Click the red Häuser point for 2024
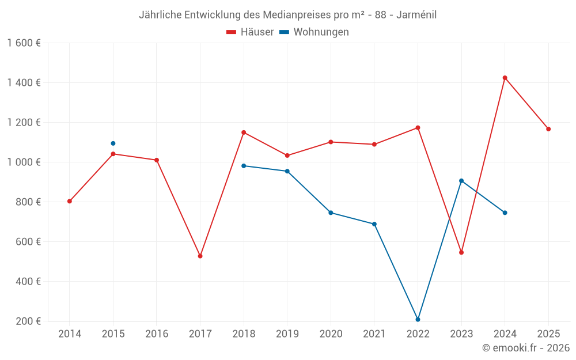(x=505, y=78)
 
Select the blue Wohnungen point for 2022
(x=418, y=319)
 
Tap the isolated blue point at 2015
(x=113, y=143)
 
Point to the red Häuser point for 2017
(x=200, y=256)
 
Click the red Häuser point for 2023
(x=461, y=252)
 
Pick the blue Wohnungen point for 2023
(x=461, y=181)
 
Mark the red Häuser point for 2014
(x=70, y=201)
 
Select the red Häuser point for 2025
(x=548, y=129)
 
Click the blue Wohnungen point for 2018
(x=244, y=166)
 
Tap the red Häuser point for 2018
(x=244, y=132)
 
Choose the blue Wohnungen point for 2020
(x=331, y=213)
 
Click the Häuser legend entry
(x=250, y=32)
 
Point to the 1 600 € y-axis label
(x=24, y=43)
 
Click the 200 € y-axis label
(x=28, y=321)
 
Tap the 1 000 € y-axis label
(x=24, y=162)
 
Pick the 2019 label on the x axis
(x=287, y=334)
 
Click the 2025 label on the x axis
(x=548, y=334)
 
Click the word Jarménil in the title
(x=416, y=15)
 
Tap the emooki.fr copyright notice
(x=525, y=348)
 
